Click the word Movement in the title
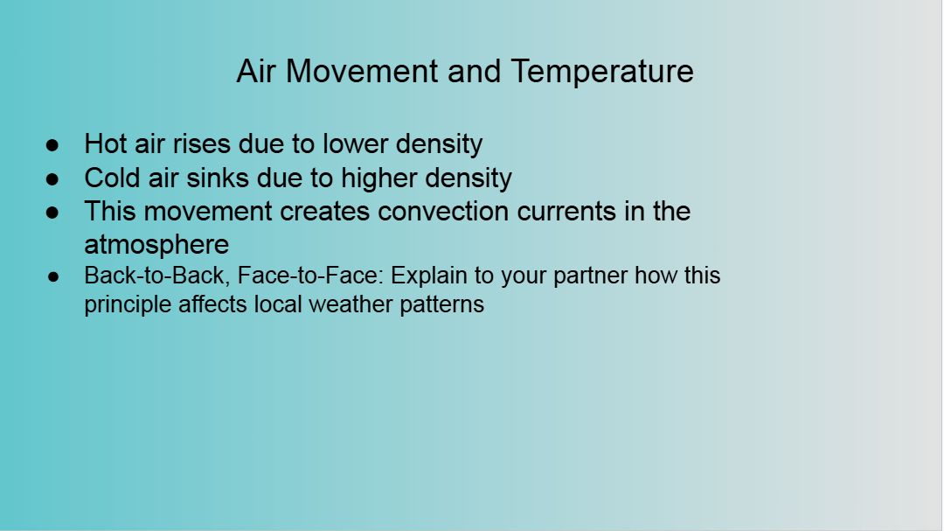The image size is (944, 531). pyautogui.click(x=361, y=71)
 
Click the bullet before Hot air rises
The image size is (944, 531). pyautogui.click(x=52, y=145)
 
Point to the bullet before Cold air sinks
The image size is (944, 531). pyautogui.click(x=52, y=179)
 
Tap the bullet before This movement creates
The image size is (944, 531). pyautogui.click(x=52, y=213)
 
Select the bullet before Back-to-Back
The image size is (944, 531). pyautogui.click(x=53, y=277)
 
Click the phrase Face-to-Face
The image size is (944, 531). pyautogui.click(x=310, y=276)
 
